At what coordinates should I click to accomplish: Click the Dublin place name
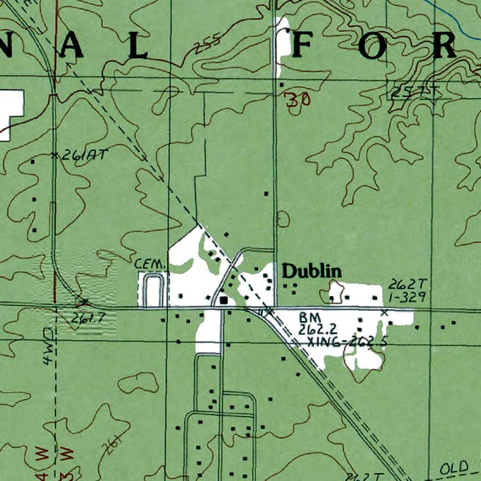coord(311,271)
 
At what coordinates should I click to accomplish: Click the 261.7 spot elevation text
coord(88,318)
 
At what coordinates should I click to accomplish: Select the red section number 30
coord(297,100)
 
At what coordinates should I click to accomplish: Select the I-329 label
coord(406,296)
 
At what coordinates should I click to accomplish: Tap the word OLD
coord(455,467)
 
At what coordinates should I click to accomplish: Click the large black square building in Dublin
coord(224,299)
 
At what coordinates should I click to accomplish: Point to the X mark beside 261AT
coord(54,155)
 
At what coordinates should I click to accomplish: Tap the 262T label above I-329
coord(403,285)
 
